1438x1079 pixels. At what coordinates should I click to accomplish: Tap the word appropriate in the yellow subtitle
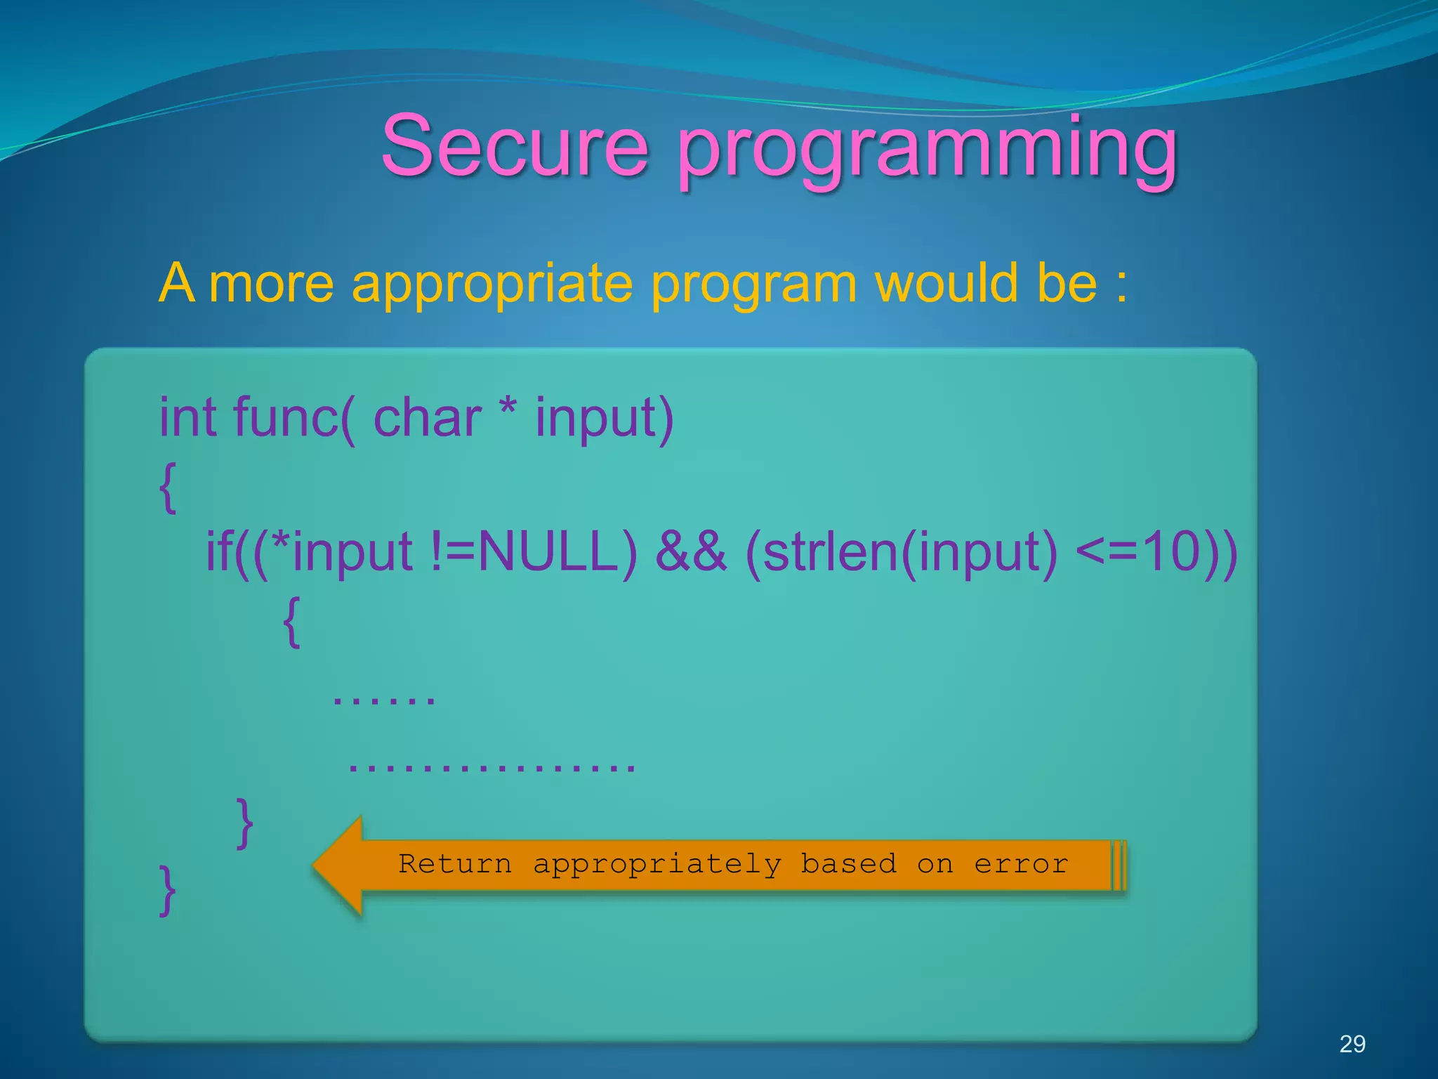pyautogui.click(x=492, y=284)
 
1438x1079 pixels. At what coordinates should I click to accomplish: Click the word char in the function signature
pyautogui.click(x=427, y=417)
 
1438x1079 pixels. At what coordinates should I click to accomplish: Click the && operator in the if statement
pyautogui.click(x=690, y=551)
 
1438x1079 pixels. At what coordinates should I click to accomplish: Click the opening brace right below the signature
pyautogui.click(x=168, y=488)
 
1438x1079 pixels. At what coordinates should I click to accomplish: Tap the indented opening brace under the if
pyautogui.click(x=292, y=621)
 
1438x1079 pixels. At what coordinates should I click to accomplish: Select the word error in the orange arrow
pyautogui.click(x=1021, y=864)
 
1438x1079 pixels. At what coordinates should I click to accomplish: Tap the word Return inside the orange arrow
pyautogui.click(x=455, y=864)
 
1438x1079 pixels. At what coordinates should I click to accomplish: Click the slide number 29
pyautogui.click(x=1352, y=1044)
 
